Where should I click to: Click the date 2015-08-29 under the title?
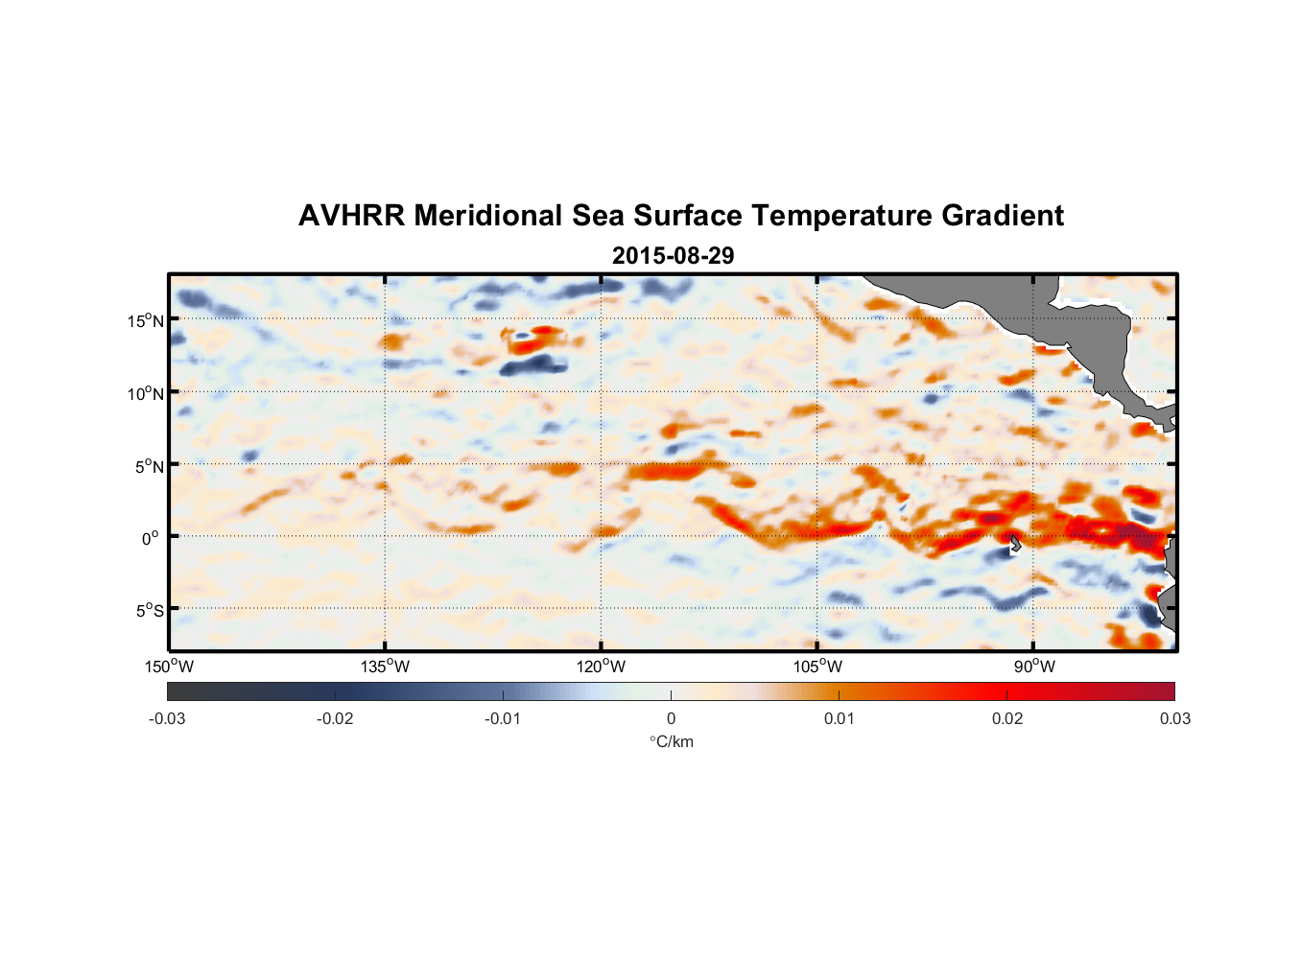tap(673, 256)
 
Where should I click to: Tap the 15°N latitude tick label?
tap(145, 320)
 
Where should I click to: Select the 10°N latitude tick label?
tap(145, 393)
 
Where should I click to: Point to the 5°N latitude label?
tap(149, 466)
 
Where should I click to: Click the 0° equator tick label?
tap(150, 538)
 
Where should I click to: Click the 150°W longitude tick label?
tap(169, 667)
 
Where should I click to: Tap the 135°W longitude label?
tap(385, 667)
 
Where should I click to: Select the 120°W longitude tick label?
tap(601, 667)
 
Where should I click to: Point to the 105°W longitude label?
tap(817, 667)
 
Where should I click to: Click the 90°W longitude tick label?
tap(1034, 667)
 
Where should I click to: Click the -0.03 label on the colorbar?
tap(167, 718)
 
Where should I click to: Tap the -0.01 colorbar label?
tap(503, 718)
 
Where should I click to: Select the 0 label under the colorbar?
tap(671, 718)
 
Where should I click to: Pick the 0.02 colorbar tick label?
tap(1007, 718)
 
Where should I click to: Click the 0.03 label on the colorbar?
tap(1174, 718)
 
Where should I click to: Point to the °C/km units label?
tap(672, 741)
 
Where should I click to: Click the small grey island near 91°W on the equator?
tap(1015, 544)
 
